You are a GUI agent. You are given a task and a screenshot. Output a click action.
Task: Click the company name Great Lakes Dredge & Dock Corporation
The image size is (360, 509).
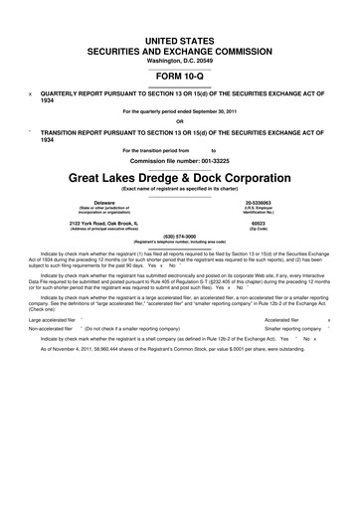pos(179,178)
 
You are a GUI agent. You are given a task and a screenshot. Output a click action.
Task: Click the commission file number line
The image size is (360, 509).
pos(179,160)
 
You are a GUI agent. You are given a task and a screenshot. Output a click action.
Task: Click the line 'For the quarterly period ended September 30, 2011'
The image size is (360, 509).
pos(179,110)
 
